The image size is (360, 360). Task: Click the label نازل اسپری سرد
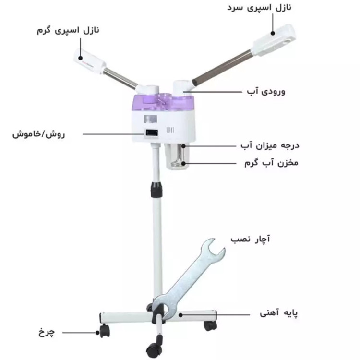tap(259, 7)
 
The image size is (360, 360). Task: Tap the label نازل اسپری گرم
tap(68, 30)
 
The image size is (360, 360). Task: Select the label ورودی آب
tap(266, 91)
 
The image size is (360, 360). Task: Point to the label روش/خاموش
tap(38, 134)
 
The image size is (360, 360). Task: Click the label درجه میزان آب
tap(270, 145)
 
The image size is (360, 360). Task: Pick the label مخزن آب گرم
tap(271, 163)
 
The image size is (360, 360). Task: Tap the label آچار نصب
tap(251, 239)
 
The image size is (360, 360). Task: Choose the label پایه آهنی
tap(278, 312)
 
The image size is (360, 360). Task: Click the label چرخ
tap(47, 332)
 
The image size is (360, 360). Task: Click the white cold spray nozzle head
tap(274, 40)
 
